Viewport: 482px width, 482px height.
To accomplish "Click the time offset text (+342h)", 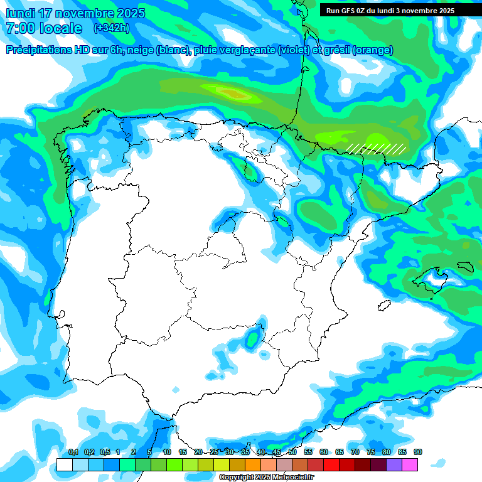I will [111, 28].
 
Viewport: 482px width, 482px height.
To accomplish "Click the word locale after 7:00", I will [61, 28].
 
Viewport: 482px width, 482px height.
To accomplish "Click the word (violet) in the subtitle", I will [292, 50].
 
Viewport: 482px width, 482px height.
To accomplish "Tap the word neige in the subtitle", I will [143, 50].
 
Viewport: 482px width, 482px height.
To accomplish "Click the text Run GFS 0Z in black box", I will [349, 10].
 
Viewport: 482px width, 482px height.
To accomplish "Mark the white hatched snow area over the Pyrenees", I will [376, 149].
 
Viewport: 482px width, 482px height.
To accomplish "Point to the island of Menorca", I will [464, 266].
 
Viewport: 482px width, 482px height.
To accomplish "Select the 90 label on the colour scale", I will [417, 453].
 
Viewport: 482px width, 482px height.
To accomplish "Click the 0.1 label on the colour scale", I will [73, 453].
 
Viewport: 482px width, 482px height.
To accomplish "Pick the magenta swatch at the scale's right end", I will [410, 464].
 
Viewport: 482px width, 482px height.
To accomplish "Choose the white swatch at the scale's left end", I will [65, 464].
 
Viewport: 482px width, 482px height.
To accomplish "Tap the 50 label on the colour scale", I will [292, 453].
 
